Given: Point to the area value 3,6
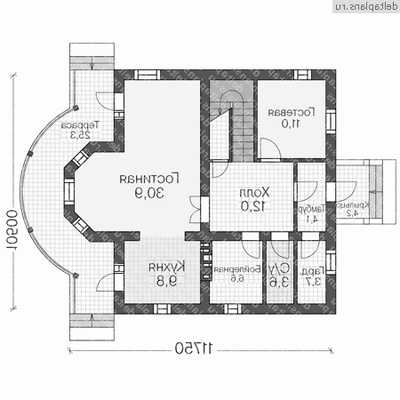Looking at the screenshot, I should [278, 283].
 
